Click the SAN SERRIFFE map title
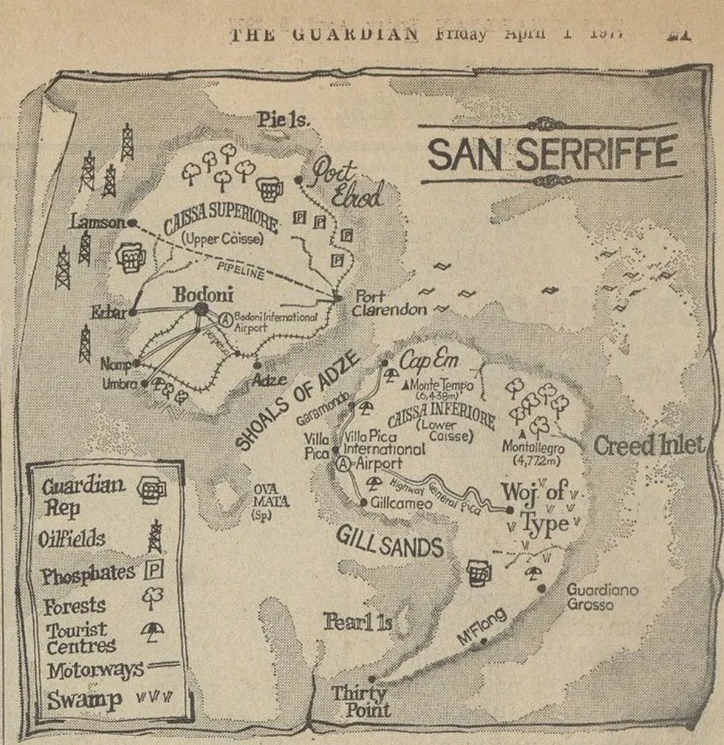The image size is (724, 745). pyautogui.click(x=552, y=153)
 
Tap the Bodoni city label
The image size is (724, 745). pyautogui.click(x=203, y=295)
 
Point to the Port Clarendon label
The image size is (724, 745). pyautogui.click(x=389, y=303)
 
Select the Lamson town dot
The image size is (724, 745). pyautogui.click(x=132, y=222)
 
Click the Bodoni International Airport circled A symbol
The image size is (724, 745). pyautogui.click(x=226, y=318)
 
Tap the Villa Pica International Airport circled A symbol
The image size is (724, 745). pyautogui.click(x=343, y=464)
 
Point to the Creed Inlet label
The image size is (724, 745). pyautogui.click(x=648, y=445)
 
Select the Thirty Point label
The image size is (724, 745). pyautogui.click(x=360, y=701)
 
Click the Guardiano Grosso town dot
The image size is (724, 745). pyautogui.click(x=542, y=588)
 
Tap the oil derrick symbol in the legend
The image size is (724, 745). pyautogui.click(x=155, y=536)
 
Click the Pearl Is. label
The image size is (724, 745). pyautogui.click(x=358, y=622)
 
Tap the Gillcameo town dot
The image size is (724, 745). pyautogui.click(x=363, y=503)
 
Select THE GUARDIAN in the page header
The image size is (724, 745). pyautogui.click(x=325, y=34)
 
